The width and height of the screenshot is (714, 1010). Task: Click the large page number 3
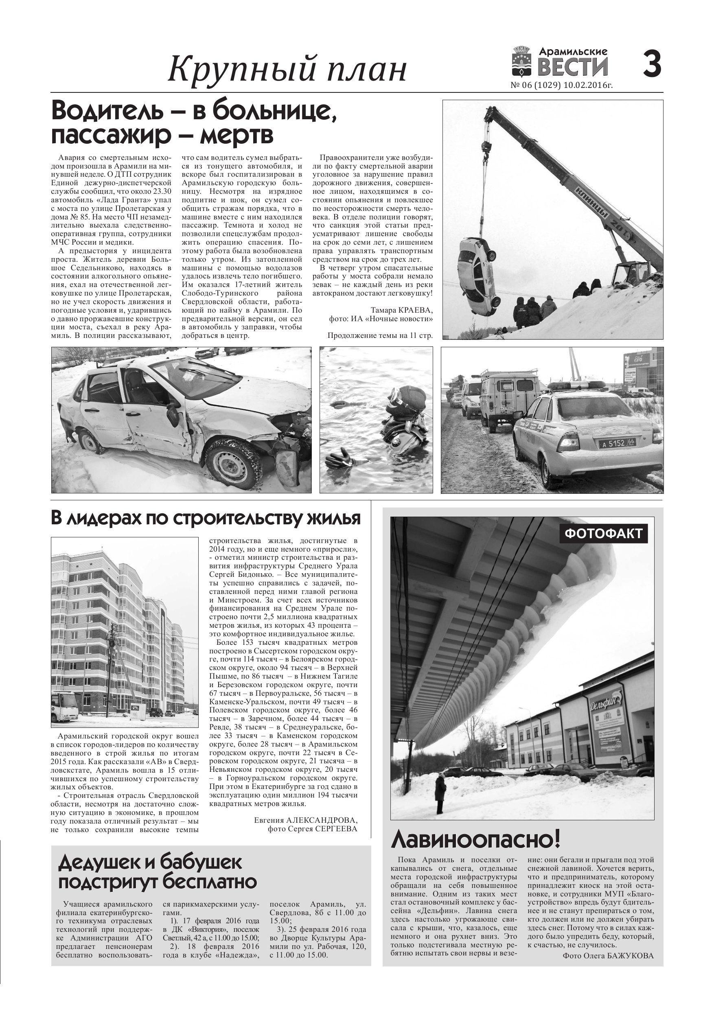(652, 65)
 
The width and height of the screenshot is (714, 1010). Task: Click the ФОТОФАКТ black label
(604, 534)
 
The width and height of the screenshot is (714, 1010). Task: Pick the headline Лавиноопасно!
(475, 839)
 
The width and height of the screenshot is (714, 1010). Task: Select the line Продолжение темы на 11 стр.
(380, 335)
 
